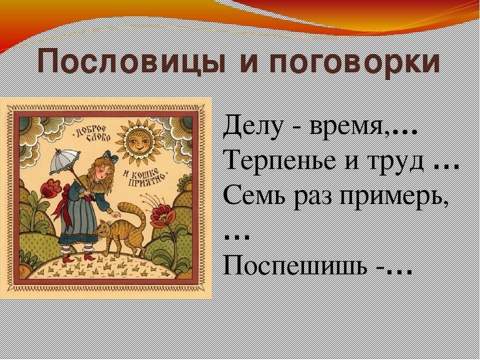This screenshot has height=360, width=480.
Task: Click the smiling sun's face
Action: [139, 142]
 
